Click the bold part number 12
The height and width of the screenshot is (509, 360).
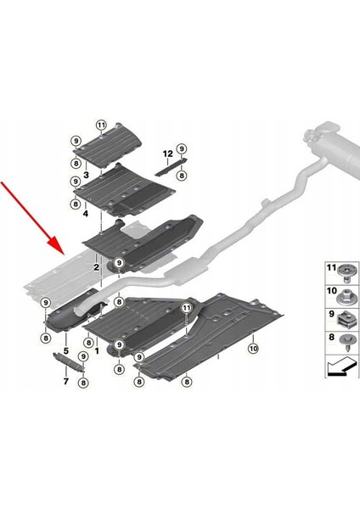click(167, 154)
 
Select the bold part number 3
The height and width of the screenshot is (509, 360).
click(86, 175)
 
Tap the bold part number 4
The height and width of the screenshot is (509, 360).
click(86, 214)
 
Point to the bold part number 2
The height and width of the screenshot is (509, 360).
click(96, 267)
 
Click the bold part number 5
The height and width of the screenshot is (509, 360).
click(66, 350)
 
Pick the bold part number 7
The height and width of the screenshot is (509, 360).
click(66, 381)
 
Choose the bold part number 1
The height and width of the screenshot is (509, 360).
click(97, 350)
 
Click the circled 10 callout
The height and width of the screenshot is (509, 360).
click(253, 349)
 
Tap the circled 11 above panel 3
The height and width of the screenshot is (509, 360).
click(101, 125)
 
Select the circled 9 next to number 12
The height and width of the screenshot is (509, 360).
click(182, 148)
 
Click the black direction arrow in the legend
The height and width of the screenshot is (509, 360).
click(341, 366)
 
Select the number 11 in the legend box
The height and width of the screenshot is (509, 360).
click(331, 268)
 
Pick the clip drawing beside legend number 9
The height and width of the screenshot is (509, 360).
click(345, 319)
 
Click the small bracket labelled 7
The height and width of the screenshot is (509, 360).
click(69, 361)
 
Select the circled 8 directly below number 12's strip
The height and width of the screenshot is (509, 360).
click(182, 176)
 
